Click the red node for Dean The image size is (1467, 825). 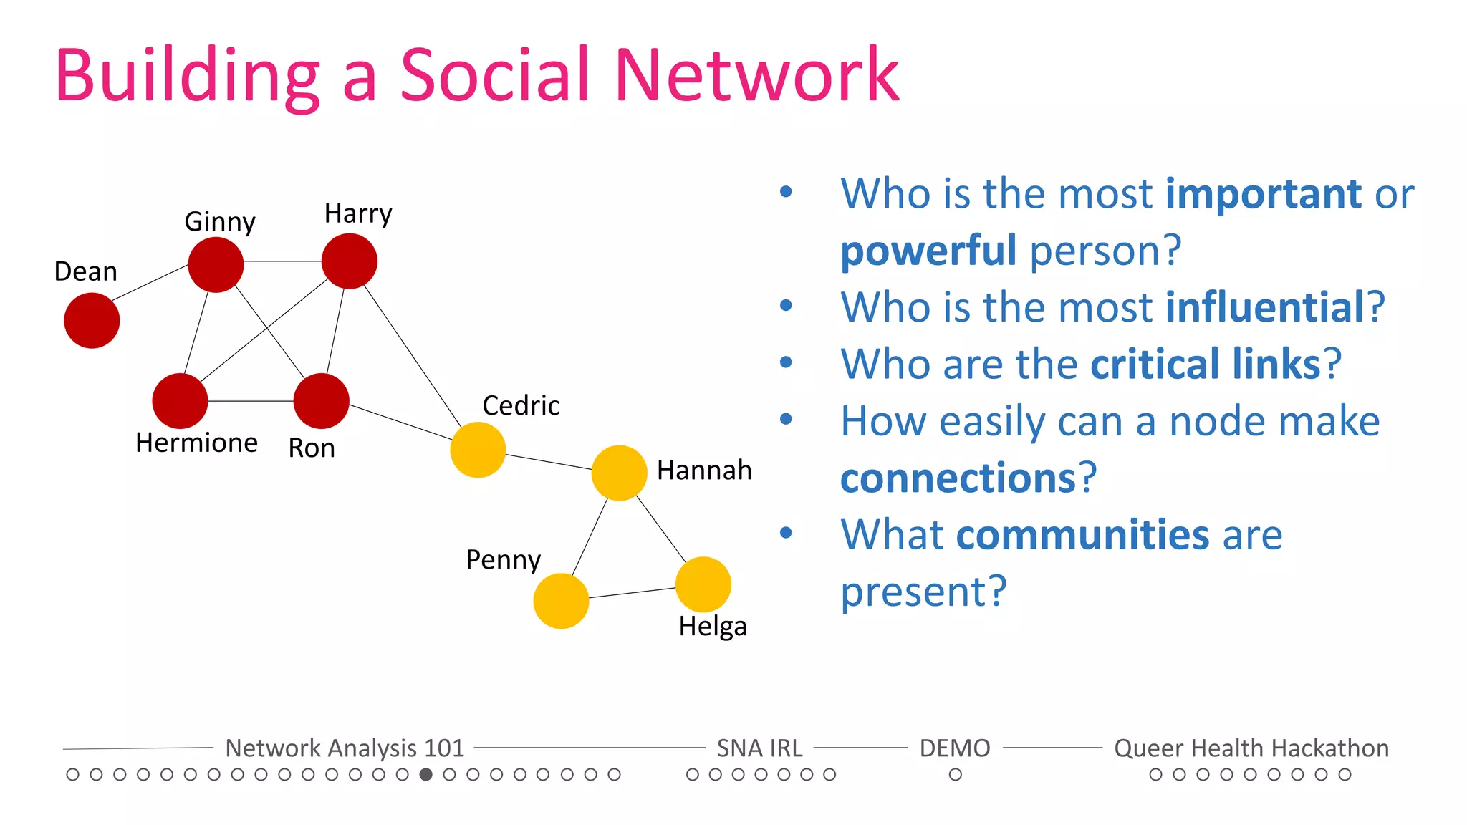click(92, 320)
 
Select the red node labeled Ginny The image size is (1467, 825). click(216, 265)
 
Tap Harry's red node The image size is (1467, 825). click(349, 261)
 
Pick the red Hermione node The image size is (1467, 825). click(180, 401)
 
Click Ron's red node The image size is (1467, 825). click(321, 401)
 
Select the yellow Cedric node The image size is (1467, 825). click(478, 450)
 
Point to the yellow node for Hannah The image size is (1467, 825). click(619, 473)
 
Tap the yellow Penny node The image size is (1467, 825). click(561, 601)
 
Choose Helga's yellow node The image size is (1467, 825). click(703, 584)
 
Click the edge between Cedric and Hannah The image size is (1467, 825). click(549, 462)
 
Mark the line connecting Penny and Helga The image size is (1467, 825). click(632, 592)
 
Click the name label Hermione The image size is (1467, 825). click(196, 443)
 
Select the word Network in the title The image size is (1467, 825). click(756, 75)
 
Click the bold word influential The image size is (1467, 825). click(1265, 307)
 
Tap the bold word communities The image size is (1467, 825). click(1082, 535)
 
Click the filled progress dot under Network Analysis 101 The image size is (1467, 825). click(425, 774)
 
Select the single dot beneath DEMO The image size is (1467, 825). click(955, 774)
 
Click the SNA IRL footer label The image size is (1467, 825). click(759, 748)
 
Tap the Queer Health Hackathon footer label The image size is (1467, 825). click(1251, 748)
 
